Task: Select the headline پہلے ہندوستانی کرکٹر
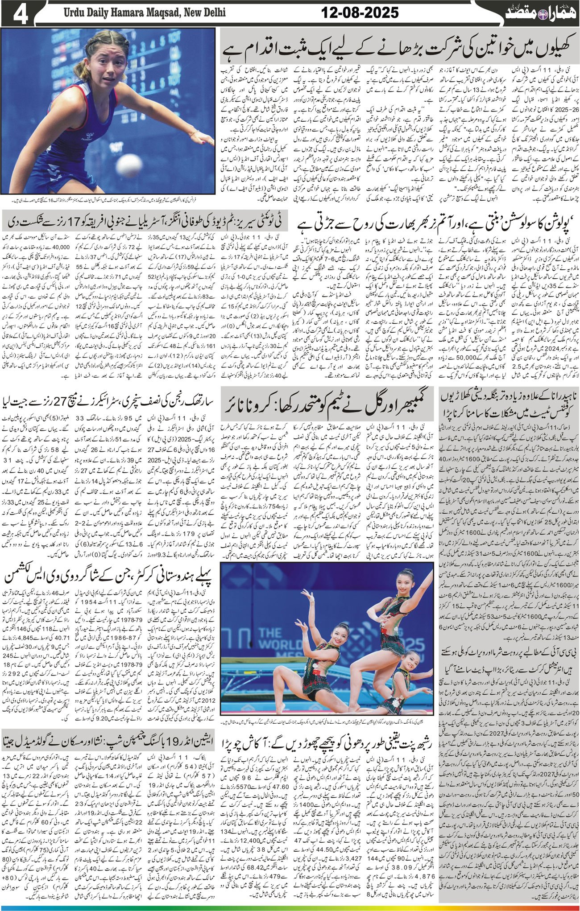tap(109, 577)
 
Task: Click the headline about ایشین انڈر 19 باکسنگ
tap(109, 754)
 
